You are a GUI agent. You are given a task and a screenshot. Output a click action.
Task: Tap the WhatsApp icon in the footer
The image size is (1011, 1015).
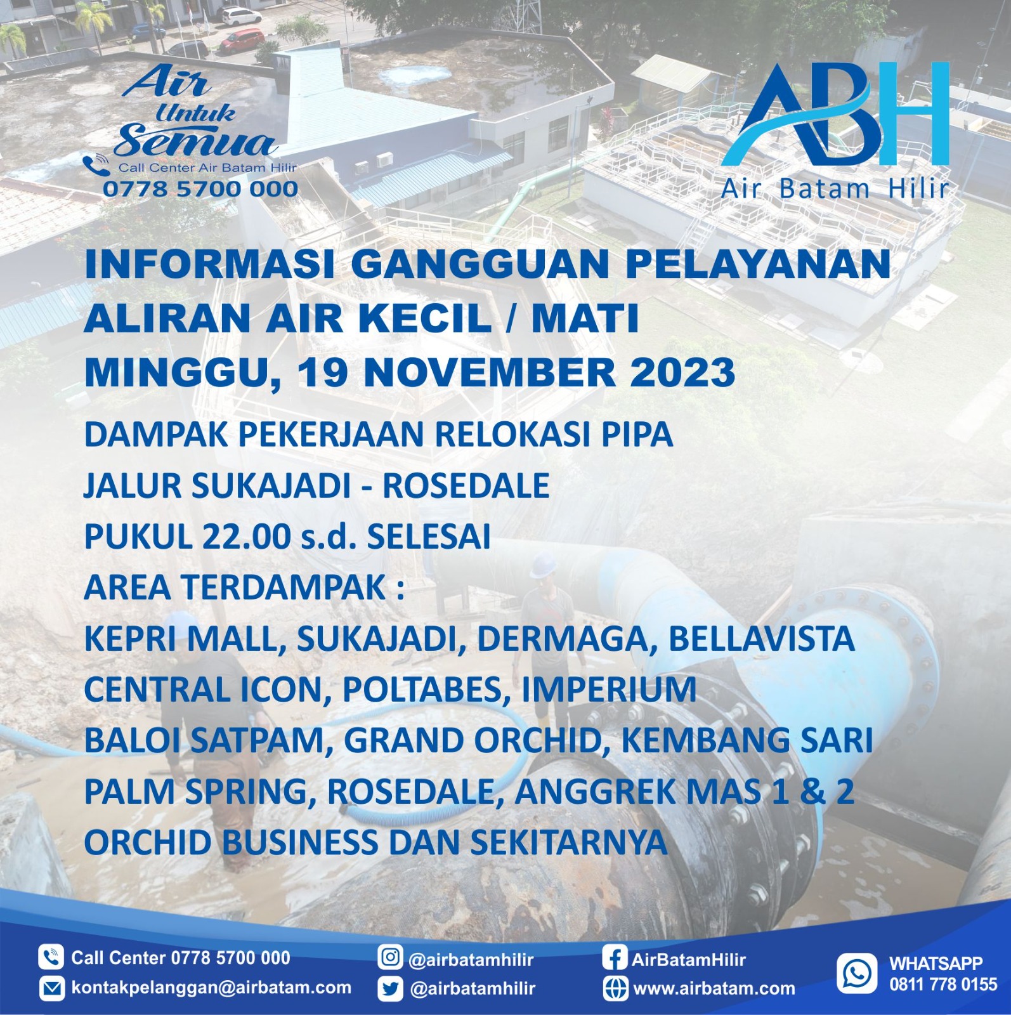pyautogui.click(x=857, y=973)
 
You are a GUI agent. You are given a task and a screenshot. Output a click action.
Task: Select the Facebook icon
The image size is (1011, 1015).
pyautogui.click(x=615, y=957)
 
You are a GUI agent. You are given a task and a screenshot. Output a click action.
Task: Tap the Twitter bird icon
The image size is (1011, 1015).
pyautogui.click(x=390, y=988)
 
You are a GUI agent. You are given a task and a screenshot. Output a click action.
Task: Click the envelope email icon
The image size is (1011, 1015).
pyautogui.click(x=51, y=988)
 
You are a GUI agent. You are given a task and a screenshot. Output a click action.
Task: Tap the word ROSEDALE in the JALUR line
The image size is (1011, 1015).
pyautogui.click(x=466, y=486)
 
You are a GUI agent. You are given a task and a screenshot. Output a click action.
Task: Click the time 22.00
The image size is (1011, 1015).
pyautogui.click(x=246, y=537)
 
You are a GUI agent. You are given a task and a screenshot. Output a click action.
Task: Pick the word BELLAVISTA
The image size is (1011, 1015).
pyautogui.click(x=762, y=639)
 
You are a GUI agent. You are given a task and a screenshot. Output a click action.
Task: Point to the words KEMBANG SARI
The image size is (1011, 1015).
pyautogui.click(x=747, y=741)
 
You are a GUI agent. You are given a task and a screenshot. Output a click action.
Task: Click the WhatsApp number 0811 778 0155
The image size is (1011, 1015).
pyautogui.click(x=943, y=985)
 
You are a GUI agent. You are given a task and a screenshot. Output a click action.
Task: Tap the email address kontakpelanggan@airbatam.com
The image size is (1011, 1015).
pyautogui.click(x=211, y=988)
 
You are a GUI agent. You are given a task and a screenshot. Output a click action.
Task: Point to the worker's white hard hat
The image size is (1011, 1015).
pyautogui.click(x=543, y=566)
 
